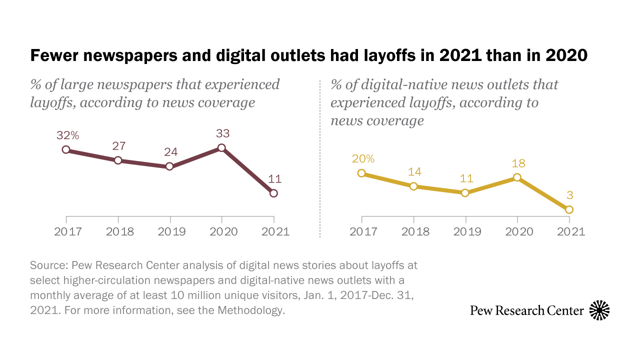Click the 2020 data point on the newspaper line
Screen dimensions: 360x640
click(222, 148)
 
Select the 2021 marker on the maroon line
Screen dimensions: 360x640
click(273, 193)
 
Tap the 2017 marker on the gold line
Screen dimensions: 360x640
click(361, 173)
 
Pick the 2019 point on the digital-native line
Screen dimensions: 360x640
click(465, 192)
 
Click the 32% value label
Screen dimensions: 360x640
click(68, 135)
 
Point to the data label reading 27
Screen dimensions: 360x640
click(118, 146)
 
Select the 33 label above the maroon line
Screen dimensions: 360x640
click(222, 133)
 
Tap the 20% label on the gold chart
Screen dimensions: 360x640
click(363, 158)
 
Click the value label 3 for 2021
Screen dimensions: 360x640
click(569, 195)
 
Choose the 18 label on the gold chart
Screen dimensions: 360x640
click(517, 163)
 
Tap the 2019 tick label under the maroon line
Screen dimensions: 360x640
click(170, 232)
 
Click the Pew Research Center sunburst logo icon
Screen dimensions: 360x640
click(599, 310)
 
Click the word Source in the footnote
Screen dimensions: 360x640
click(48, 264)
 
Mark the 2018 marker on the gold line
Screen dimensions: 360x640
click(413, 186)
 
